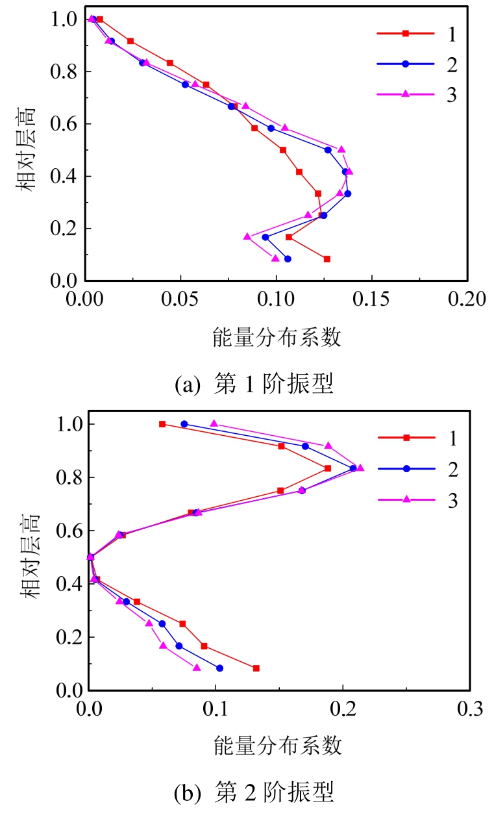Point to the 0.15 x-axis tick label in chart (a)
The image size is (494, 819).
click(371, 299)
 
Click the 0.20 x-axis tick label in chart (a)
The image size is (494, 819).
click(467, 299)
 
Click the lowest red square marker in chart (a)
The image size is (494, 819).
click(327, 259)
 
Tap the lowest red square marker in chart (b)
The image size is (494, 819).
click(256, 668)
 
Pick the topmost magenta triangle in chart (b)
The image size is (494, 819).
click(214, 423)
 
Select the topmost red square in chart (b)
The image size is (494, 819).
click(162, 424)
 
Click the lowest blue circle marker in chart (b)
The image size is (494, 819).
click(219, 668)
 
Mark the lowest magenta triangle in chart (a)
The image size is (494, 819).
click(275, 258)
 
